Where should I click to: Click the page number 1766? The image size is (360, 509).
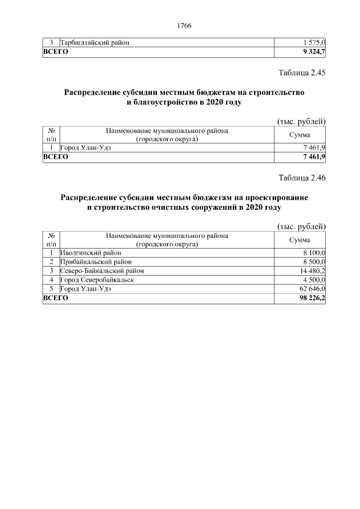184,26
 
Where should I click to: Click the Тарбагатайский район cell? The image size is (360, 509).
95,43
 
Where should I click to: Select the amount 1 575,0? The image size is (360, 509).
314,43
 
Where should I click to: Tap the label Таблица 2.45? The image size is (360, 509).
302,73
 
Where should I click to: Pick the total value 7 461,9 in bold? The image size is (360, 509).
314,157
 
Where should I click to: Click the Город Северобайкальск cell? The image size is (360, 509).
97,280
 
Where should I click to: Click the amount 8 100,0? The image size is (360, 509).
314,253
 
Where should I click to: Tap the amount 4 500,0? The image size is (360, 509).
314,280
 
